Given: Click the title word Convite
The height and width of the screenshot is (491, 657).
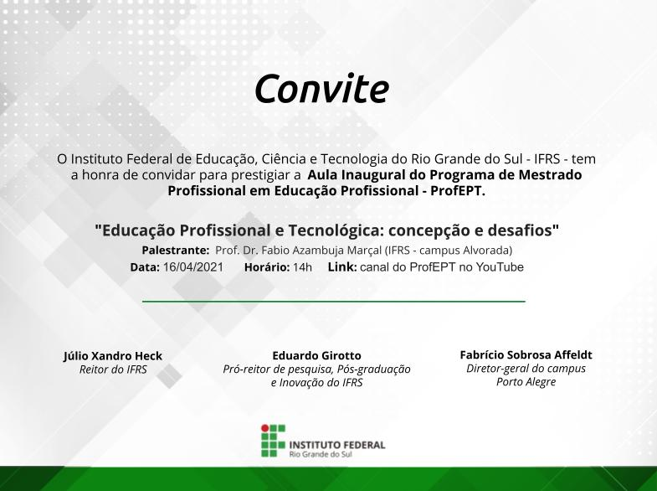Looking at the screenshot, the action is pos(321,89).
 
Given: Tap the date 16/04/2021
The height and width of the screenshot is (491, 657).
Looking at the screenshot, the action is pos(193,267).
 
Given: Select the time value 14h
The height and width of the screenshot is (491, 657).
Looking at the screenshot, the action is pos(302,267).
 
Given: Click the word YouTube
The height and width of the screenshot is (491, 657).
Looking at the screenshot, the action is pos(500,267).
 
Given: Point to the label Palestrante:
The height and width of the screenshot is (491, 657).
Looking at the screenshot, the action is pos(176,251).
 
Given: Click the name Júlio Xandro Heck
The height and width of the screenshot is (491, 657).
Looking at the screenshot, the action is pos(113,356).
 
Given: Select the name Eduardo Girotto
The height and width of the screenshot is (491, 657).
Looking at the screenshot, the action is pos(316,355).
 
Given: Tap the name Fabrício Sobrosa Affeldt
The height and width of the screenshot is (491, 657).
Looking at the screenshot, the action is pos(526,354).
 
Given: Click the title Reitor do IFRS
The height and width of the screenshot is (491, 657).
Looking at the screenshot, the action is pos(113,370).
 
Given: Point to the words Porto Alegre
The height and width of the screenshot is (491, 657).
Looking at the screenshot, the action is pos(526,382).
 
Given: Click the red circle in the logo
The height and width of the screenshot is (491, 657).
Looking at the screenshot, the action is pos(264,428).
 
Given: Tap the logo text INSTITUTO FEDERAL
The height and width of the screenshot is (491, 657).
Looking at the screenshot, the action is pos(337,445).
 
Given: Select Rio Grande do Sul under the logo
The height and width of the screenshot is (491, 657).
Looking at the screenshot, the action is pos(321,454).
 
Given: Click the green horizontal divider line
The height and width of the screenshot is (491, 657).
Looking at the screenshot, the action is pos(334,301).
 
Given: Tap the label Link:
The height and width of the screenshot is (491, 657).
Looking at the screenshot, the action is pos(342,267).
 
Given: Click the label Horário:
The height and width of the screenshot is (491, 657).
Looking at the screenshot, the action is pos(267,267).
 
